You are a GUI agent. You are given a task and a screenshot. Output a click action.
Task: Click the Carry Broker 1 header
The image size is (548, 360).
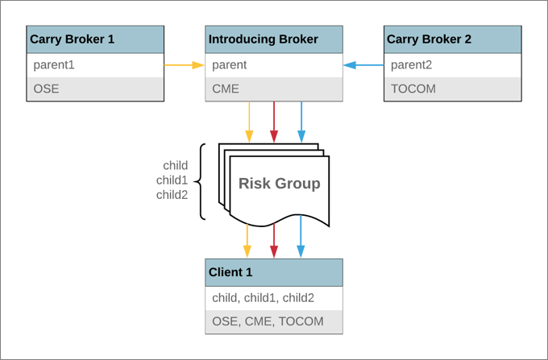coord(95,39)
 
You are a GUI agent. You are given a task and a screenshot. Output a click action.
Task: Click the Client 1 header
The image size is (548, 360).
coord(274,272)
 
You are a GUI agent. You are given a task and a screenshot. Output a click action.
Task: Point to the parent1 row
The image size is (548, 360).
coord(95,65)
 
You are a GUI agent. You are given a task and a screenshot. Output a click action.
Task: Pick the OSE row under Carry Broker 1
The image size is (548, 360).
coord(95,89)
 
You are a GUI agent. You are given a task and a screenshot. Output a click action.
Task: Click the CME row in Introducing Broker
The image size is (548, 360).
coord(274,89)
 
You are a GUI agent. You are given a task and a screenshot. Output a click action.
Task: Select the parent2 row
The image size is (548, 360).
coord(453,65)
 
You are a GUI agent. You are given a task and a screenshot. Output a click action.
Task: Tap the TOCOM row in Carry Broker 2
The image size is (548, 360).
coord(453,89)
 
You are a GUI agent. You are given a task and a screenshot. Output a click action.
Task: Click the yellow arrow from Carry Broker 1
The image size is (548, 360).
coord(185,65)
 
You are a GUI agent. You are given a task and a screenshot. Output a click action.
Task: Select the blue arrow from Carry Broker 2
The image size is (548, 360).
coord(363,65)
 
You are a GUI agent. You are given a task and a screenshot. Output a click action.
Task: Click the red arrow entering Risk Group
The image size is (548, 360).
coord(274,122)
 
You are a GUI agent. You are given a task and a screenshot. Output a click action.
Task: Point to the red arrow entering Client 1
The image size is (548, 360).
coord(274,241)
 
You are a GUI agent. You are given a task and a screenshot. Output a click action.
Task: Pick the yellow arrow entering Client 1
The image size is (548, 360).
coord(247,241)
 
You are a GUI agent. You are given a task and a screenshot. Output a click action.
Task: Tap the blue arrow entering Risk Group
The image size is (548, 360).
coord(301,122)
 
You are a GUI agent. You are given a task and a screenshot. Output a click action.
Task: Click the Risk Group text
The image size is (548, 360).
coord(280,184)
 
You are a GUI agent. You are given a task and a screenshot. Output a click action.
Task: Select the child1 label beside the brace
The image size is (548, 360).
coord(172,180)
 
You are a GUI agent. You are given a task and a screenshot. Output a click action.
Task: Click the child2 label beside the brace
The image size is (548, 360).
coord(172,195)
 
